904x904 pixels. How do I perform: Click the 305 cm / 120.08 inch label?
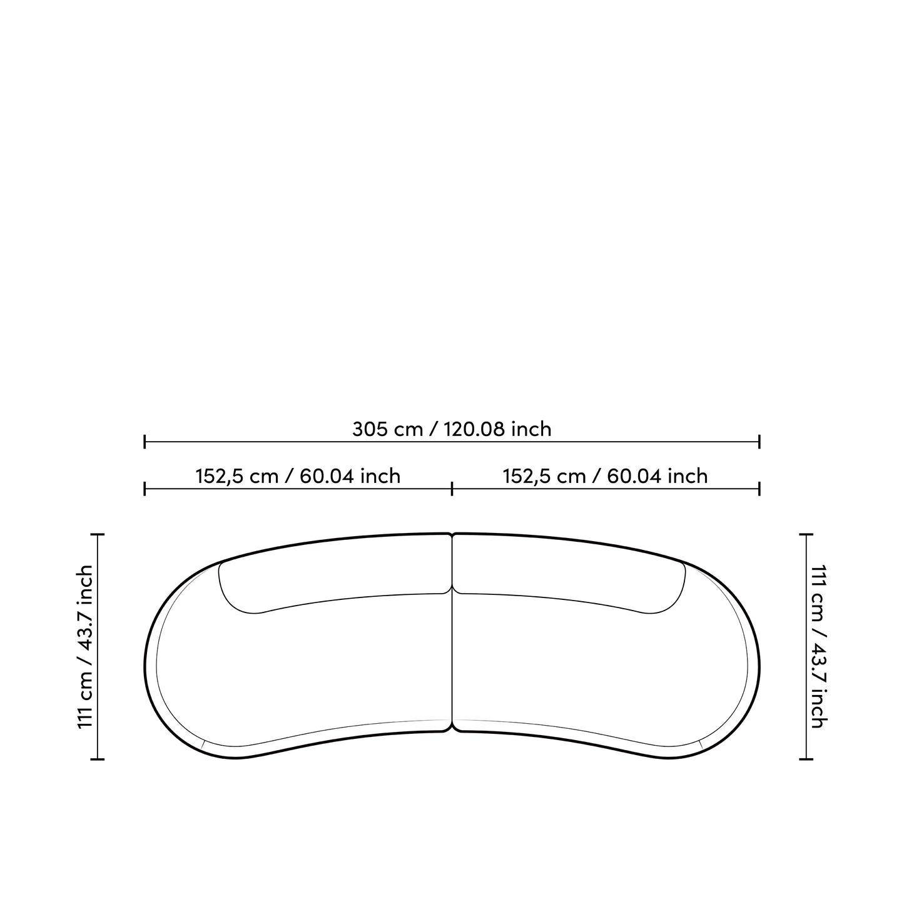pos(452,429)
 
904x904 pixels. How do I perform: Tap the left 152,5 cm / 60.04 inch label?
pos(298,476)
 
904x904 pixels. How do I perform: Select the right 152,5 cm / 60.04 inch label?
pos(605,476)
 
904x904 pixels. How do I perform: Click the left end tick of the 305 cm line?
pos(145,442)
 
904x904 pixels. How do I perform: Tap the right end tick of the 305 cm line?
pos(759,442)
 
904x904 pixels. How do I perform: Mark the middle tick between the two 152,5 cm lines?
pos(452,489)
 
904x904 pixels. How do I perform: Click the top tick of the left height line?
pos(98,534)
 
